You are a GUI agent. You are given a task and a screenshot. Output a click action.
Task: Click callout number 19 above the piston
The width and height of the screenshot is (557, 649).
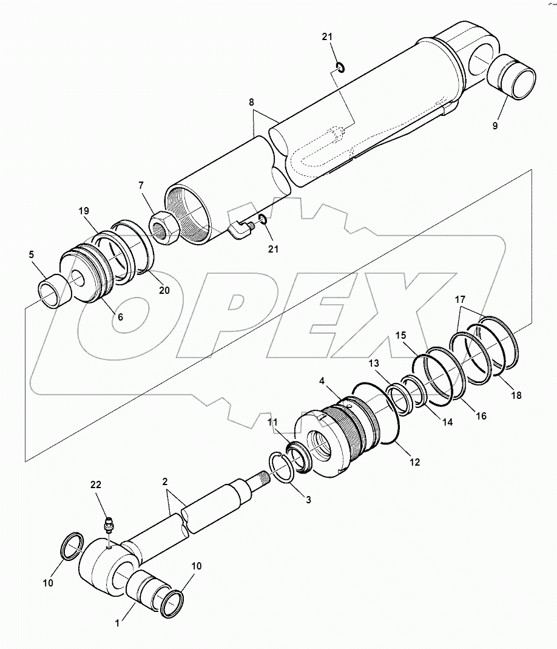84,211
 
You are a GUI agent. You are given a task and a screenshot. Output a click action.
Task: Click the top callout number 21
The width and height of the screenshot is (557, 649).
328,38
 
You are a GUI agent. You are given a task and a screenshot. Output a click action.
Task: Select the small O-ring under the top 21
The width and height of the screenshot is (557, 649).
341,66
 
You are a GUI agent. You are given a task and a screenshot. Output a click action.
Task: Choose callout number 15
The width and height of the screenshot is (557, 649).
401,335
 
